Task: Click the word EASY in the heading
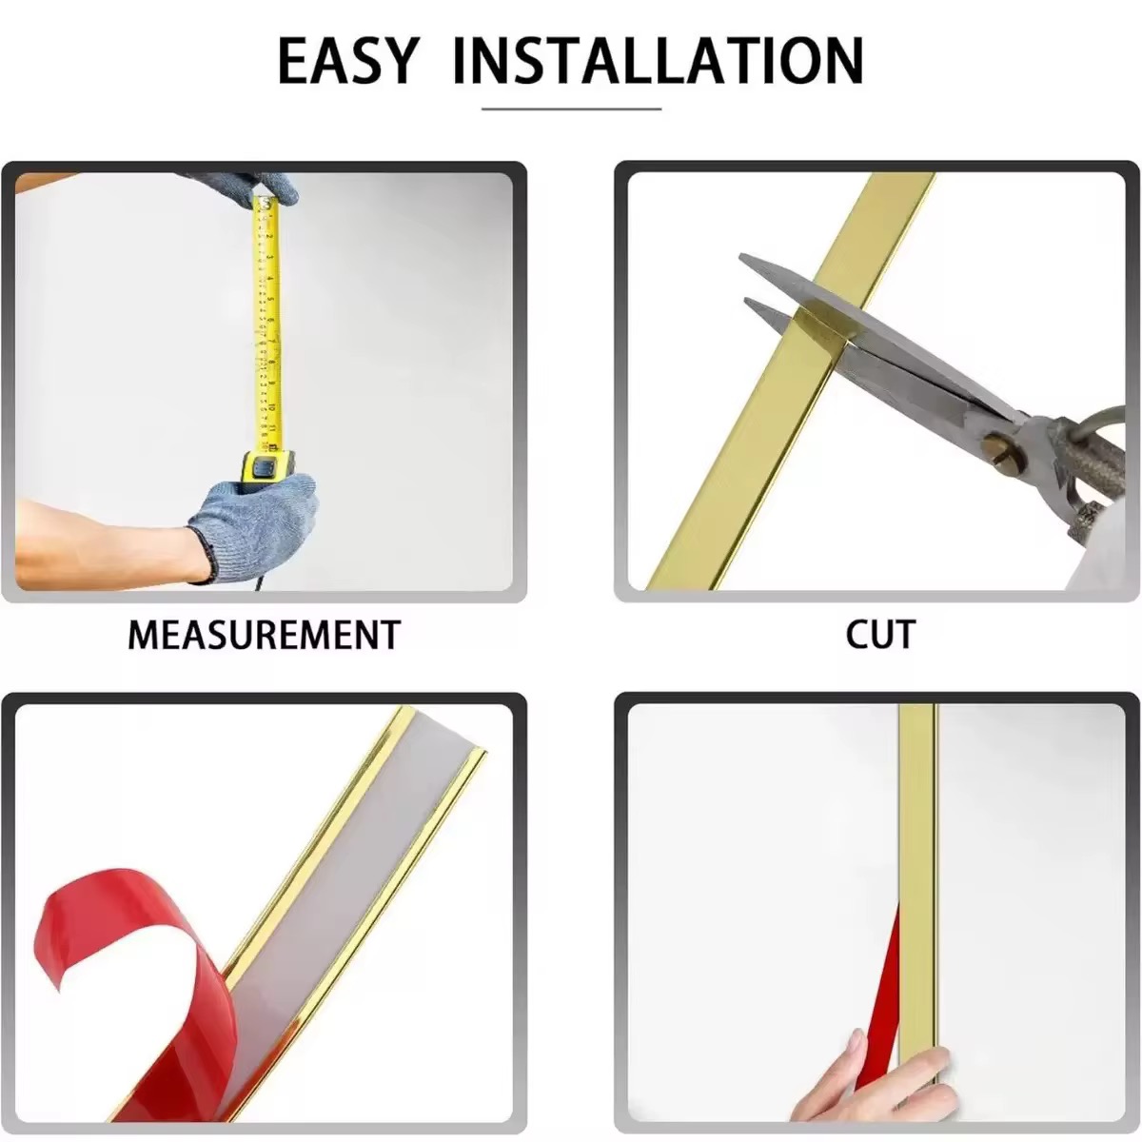348,61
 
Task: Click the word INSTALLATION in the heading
658,61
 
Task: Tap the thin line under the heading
571,109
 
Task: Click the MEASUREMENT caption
265,636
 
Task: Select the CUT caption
880,635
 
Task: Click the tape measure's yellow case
266,467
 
